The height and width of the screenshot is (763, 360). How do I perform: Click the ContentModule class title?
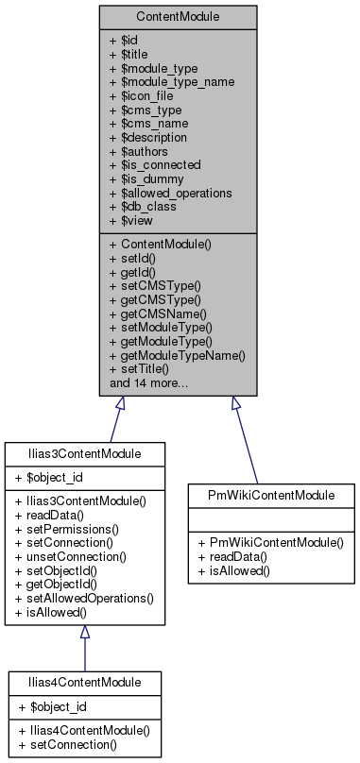coord(179,16)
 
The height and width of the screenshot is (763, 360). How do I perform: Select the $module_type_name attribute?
coord(172,81)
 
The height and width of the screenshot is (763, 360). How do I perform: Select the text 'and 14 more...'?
coord(148,383)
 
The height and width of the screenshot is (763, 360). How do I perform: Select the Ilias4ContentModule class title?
coord(84,681)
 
